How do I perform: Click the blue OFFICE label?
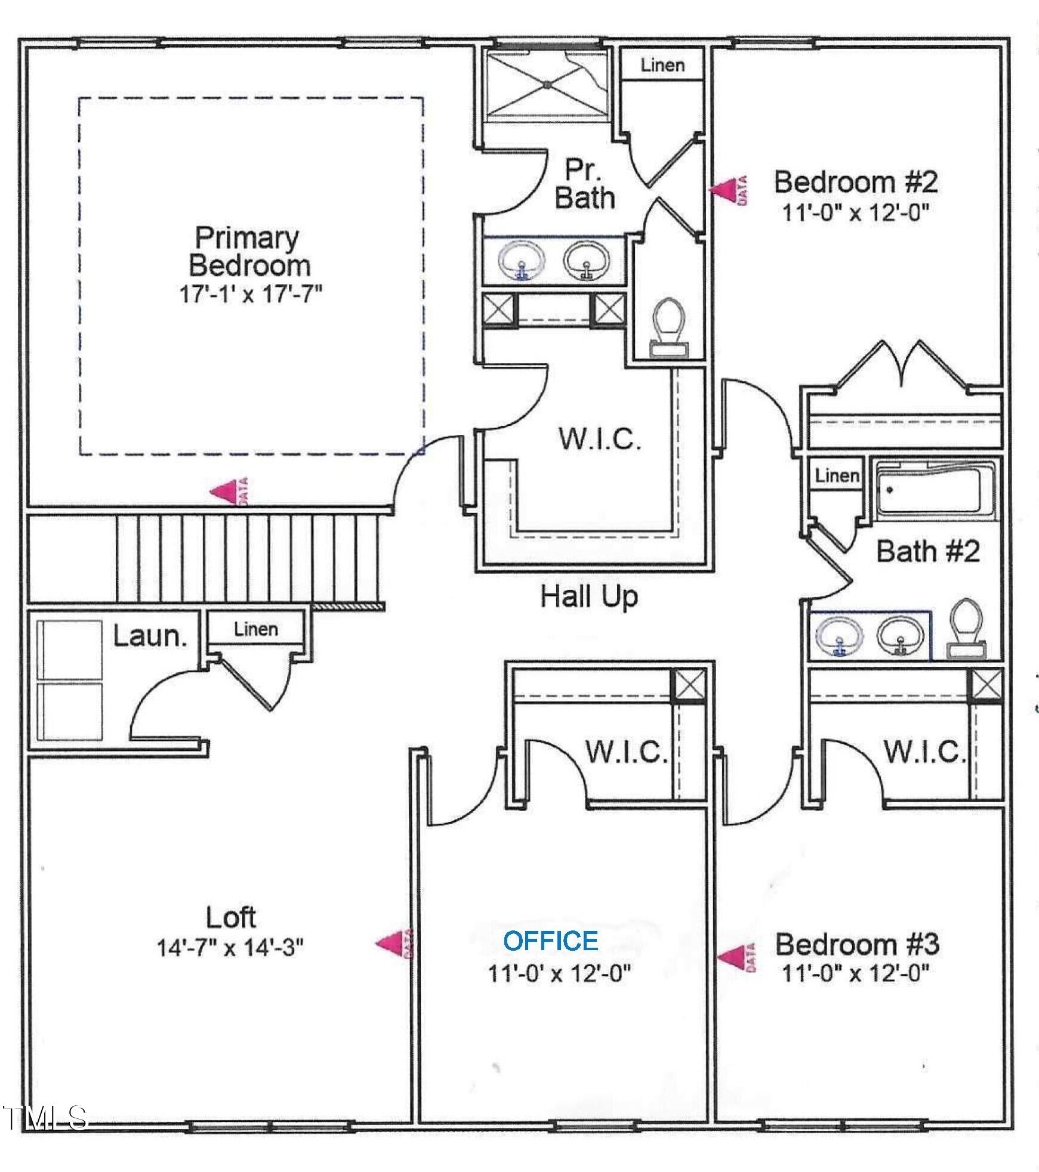point(550,941)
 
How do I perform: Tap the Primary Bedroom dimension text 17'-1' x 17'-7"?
point(251,295)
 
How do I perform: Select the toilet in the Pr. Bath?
point(668,327)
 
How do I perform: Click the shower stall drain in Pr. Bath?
point(547,85)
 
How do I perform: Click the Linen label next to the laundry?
point(255,629)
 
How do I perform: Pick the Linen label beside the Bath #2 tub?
point(837,475)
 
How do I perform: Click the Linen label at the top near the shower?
point(662,65)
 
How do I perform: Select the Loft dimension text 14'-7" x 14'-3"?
point(230,947)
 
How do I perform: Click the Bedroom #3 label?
point(857,944)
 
